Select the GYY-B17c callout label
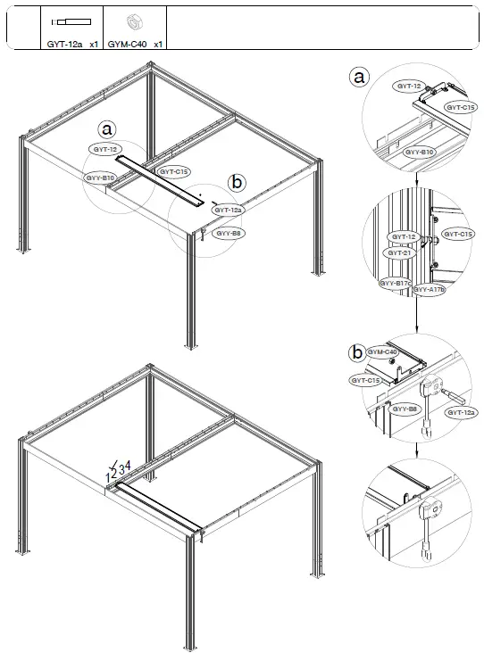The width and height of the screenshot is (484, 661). click(395, 283)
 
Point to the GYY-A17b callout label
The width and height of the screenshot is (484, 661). click(429, 290)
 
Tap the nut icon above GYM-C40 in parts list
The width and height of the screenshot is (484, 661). click(133, 21)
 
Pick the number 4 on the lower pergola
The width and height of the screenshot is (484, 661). click(129, 466)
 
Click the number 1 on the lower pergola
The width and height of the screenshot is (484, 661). click(108, 479)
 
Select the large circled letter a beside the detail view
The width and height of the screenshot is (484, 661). click(358, 78)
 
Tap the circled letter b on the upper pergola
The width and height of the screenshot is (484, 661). click(237, 182)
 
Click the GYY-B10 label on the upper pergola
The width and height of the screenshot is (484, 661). click(101, 178)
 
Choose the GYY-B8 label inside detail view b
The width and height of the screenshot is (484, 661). click(406, 409)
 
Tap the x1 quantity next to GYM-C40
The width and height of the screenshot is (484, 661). click(158, 43)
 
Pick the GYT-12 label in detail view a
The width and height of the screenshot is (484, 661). click(408, 86)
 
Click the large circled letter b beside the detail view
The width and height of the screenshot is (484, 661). click(357, 353)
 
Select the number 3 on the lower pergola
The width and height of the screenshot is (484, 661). click(121, 470)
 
